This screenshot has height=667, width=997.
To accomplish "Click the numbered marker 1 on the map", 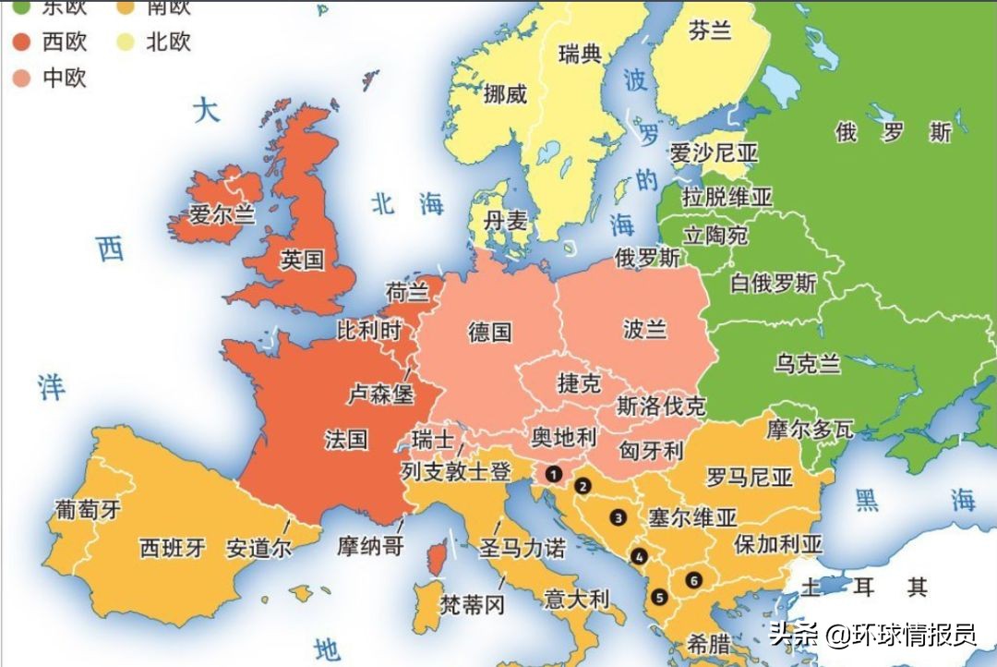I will click(x=553, y=474).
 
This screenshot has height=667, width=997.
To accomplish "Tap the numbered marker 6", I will click(x=692, y=580).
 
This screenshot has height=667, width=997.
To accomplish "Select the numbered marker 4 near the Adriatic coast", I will click(x=639, y=556).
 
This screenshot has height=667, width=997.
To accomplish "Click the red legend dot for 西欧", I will click(x=22, y=42).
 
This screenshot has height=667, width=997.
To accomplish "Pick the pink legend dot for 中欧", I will click(x=22, y=78).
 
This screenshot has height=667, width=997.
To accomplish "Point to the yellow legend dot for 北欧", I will click(x=125, y=42).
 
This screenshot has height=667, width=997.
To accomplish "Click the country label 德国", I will click(x=489, y=332).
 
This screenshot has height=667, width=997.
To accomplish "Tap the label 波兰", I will click(x=644, y=329).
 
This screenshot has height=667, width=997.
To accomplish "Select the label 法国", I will click(x=346, y=439).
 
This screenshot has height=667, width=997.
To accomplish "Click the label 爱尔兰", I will click(x=222, y=215).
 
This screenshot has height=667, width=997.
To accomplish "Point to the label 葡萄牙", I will click(x=88, y=509).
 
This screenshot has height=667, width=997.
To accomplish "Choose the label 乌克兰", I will click(x=808, y=364).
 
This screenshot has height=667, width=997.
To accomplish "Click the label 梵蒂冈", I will click(x=473, y=605).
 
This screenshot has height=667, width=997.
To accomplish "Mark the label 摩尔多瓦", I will click(x=810, y=429).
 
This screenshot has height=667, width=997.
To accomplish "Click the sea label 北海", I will click(x=407, y=203).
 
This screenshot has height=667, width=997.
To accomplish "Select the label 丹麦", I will click(x=505, y=221).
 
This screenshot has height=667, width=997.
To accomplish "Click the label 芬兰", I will click(x=710, y=30).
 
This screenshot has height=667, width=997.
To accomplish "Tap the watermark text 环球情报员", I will click(x=913, y=636).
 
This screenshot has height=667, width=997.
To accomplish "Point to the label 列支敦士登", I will click(x=456, y=472).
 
